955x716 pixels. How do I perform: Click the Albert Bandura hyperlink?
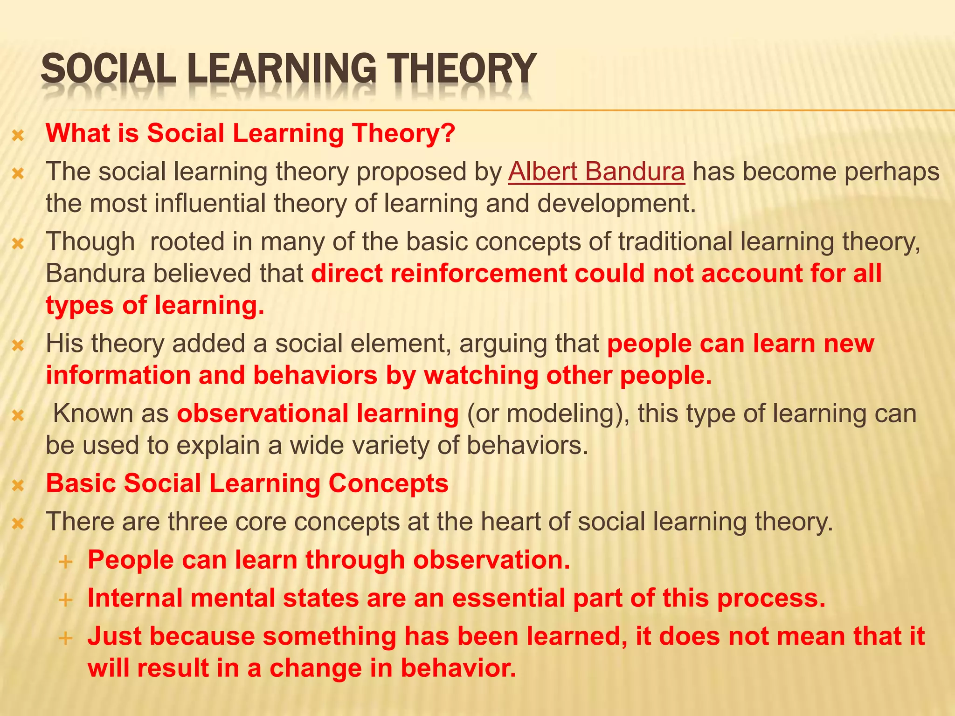click(x=596, y=172)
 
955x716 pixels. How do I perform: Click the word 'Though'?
click(x=90, y=242)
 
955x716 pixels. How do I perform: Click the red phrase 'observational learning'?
click(x=318, y=414)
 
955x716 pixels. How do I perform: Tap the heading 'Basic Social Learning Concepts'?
click(x=247, y=483)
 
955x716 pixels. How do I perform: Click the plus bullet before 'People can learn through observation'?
click(x=66, y=562)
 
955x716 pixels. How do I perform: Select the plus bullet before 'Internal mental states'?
click(x=66, y=599)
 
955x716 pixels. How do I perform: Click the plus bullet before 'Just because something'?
click(x=66, y=638)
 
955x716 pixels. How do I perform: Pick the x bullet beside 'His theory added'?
click(x=18, y=345)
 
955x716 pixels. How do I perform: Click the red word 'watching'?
click(x=481, y=376)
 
